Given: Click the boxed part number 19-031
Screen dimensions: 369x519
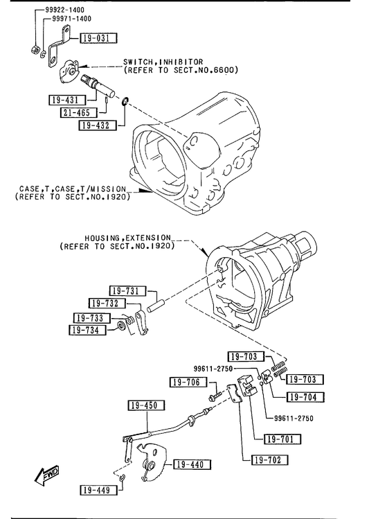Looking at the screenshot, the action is (99, 38).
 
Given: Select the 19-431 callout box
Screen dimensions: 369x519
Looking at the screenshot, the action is (67, 100).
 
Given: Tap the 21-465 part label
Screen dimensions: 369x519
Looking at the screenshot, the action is (79, 112).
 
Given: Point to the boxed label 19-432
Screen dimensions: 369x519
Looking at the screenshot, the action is (98, 125).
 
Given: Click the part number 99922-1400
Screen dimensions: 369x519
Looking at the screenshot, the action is (64, 10).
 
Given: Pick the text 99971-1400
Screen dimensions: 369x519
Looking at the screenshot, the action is (71, 19).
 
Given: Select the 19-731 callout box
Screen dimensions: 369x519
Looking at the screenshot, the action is (128, 291).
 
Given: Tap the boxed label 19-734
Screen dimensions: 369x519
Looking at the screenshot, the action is (88, 330).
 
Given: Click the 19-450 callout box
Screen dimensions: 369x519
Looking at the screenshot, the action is (147, 405).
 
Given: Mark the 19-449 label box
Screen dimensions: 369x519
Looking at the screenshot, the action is (99, 490).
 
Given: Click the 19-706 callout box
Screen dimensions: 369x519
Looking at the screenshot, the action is (188, 382).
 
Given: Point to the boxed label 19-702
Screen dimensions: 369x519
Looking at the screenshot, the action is (270, 459).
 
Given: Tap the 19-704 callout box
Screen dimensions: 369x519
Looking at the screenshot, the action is (305, 396).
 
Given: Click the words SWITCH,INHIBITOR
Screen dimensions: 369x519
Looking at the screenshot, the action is (163, 62).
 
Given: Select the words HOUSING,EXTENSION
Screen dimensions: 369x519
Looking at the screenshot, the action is (127, 238).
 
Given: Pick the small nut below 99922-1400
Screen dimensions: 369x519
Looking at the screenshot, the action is (35, 51).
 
